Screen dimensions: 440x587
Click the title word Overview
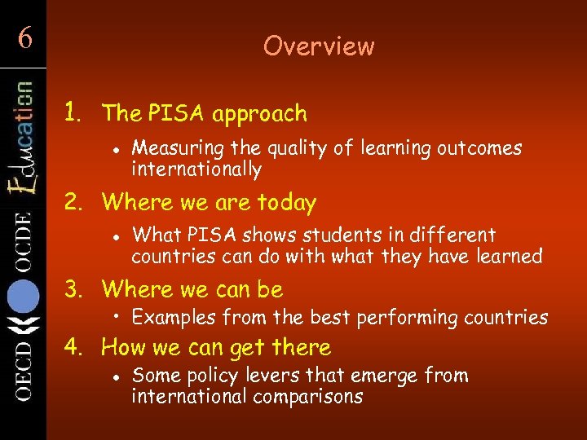pos(319,46)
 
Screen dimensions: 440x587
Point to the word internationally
pos(196,169)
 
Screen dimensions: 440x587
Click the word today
pos(287,202)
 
